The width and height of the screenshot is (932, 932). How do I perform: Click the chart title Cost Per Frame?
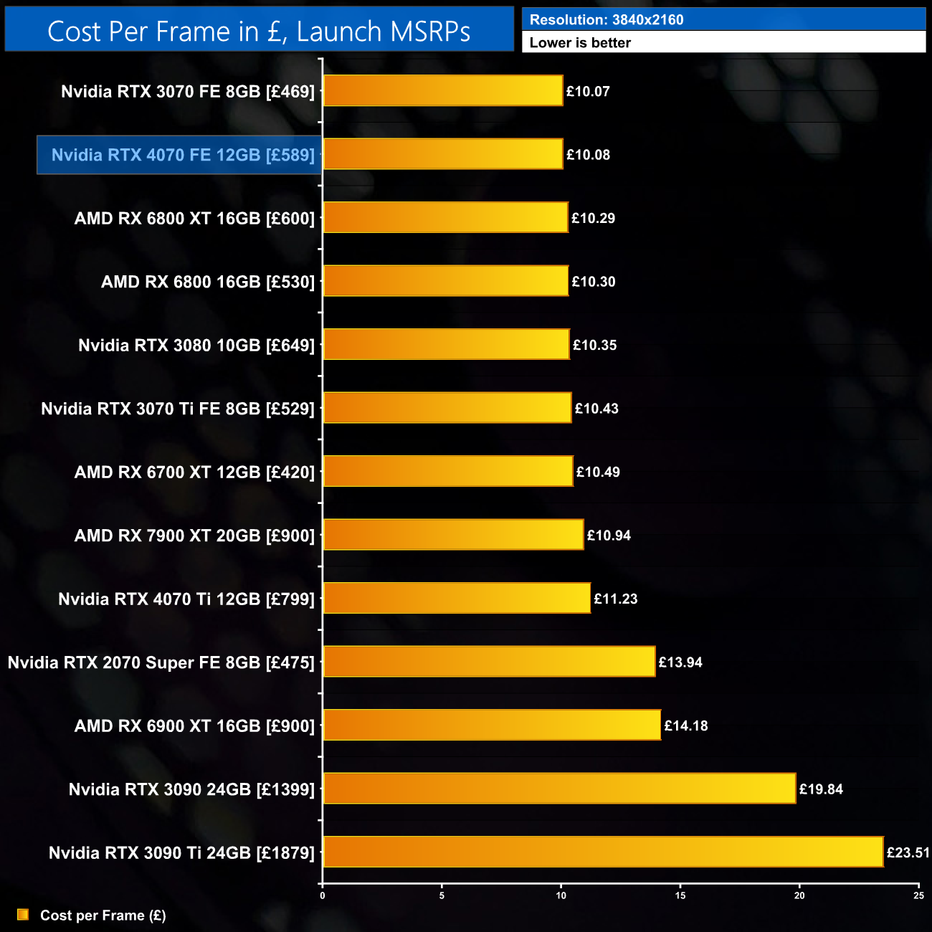click(x=259, y=31)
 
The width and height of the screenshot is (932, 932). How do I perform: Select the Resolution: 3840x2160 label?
click(x=606, y=19)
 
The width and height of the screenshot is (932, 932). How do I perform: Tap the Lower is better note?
click(x=580, y=42)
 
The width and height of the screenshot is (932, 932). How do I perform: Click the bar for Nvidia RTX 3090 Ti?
click(x=603, y=852)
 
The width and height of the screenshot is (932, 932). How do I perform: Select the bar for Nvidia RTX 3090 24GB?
click(x=559, y=789)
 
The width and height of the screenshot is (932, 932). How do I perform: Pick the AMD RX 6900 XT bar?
click(x=492, y=725)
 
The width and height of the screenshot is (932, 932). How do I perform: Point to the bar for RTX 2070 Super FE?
click(x=489, y=662)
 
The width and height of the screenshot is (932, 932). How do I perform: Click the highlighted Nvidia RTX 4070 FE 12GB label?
click(x=183, y=155)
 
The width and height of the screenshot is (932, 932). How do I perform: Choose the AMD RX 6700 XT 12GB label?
click(x=194, y=472)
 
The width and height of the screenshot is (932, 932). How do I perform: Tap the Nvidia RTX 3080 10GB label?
click(x=196, y=345)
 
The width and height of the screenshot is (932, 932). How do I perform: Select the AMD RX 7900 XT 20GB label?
click(x=194, y=536)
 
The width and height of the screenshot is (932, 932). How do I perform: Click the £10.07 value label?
click(x=588, y=91)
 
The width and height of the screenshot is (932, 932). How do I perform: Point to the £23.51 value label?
click(x=908, y=852)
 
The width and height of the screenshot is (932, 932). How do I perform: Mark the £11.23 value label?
click(x=615, y=599)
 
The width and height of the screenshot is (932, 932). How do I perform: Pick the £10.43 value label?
click(x=596, y=409)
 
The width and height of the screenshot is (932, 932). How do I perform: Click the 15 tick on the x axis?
click(x=680, y=895)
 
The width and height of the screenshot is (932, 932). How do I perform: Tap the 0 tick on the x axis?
click(x=323, y=895)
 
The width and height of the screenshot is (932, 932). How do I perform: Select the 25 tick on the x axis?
click(x=918, y=895)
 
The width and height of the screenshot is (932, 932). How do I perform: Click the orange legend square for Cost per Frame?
click(x=23, y=915)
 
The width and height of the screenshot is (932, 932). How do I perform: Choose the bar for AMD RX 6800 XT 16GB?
click(x=445, y=218)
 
